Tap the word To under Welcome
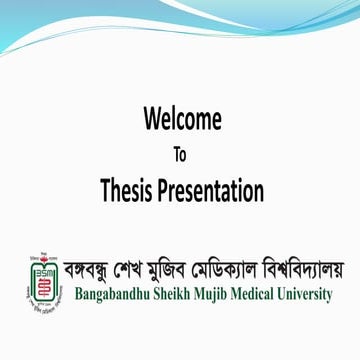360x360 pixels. tap(180, 155)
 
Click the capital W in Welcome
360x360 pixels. tap(153, 121)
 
